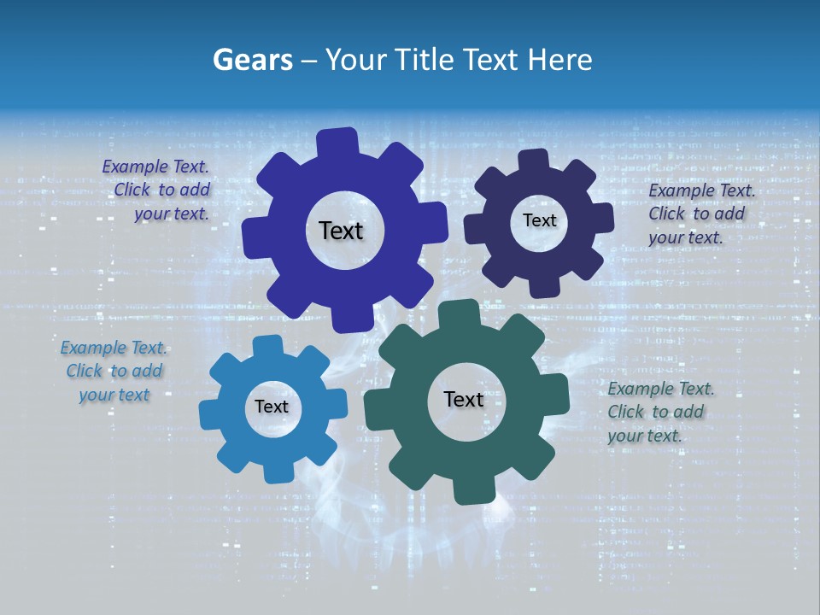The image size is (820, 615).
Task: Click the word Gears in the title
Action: point(252,60)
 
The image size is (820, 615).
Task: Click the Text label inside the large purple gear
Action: point(341,231)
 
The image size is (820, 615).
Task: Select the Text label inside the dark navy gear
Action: point(539,220)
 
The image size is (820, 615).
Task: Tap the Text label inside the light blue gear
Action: point(272,407)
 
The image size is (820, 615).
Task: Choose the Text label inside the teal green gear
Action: point(464,399)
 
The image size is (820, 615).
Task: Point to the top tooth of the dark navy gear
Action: point(533,161)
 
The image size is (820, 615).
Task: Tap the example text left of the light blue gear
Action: point(114,371)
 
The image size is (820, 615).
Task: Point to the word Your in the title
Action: point(358,60)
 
